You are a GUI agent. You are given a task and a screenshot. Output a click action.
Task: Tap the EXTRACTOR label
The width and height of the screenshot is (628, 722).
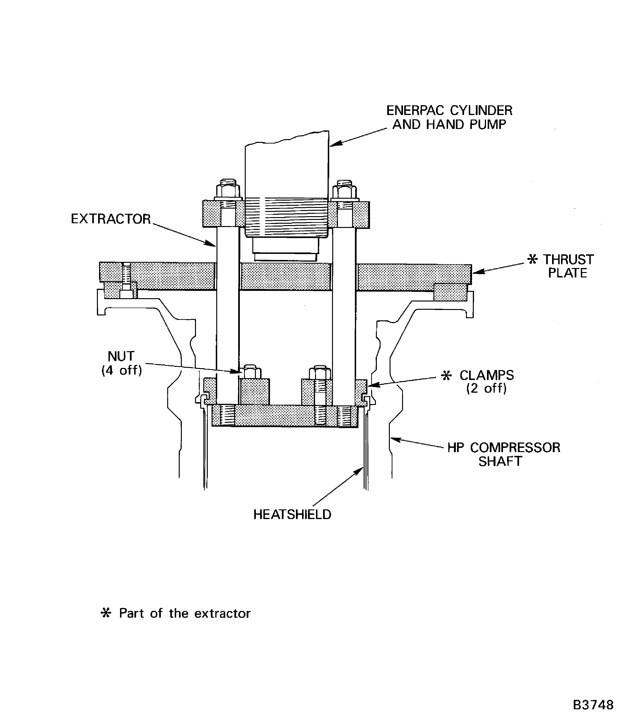pos(111,219)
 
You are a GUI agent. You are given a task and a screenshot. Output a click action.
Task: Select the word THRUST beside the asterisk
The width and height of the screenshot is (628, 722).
pos(568,260)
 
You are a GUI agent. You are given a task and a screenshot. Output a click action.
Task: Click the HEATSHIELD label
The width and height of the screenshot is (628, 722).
pos(292,515)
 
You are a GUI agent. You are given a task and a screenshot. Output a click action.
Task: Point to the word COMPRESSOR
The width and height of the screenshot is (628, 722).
pos(515,448)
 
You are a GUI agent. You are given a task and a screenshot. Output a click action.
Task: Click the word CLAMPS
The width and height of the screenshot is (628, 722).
pos(487,375)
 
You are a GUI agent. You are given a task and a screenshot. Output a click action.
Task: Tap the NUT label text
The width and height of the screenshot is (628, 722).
pos(121,356)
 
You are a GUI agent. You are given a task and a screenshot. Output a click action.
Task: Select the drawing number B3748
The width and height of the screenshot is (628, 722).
pos(593,705)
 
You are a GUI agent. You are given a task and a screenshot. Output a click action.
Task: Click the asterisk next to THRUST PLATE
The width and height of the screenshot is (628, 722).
pos(532,259)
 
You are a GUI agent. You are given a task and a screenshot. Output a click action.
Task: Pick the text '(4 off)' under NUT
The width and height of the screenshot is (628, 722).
pos(122,370)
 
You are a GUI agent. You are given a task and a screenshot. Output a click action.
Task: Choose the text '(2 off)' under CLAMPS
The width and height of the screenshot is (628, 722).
pos(487,388)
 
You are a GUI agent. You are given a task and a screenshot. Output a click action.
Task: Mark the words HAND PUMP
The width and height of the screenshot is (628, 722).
pos(466,125)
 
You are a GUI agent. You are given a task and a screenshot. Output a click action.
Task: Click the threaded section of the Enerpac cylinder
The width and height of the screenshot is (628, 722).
pos(287,217)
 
